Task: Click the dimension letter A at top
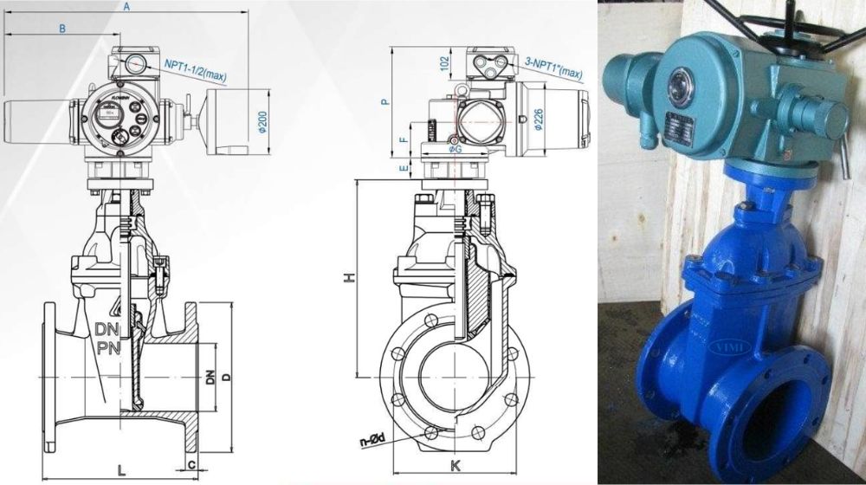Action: (x=126, y=7)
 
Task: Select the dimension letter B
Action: (x=61, y=29)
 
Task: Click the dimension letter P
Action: (x=386, y=101)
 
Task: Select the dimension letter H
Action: (x=348, y=278)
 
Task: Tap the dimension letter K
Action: (x=455, y=466)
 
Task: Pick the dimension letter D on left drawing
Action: (x=226, y=377)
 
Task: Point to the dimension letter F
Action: (x=404, y=139)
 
